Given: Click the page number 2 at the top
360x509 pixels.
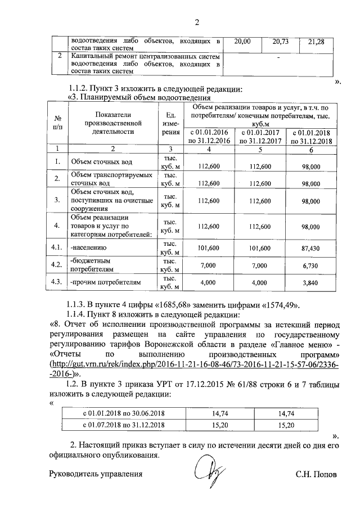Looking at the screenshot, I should [197, 22].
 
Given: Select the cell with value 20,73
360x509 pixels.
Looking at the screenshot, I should [280, 42].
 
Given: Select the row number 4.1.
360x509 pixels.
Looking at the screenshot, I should [56, 246].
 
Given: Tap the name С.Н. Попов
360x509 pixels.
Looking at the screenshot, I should [316, 474].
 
